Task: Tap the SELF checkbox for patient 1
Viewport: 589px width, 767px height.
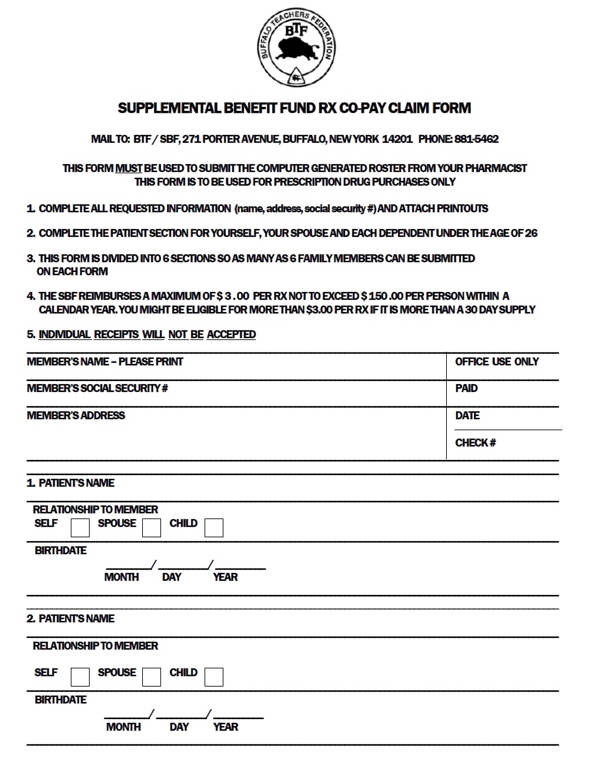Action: point(80,528)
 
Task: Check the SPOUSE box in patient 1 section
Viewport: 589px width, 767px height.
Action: point(151,528)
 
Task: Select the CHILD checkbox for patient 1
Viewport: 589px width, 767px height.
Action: point(214,528)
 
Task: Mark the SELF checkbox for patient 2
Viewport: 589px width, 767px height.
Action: point(80,677)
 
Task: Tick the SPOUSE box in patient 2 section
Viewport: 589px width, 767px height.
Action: point(151,677)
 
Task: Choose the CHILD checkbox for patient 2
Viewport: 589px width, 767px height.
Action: point(214,677)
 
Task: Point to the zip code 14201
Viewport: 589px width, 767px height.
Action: point(397,140)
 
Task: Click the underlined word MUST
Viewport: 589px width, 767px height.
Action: point(128,168)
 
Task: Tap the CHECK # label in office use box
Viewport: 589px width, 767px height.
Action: point(475,443)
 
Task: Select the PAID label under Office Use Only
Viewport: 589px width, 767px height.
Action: point(466,389)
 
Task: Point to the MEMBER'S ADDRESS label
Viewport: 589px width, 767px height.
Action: point(76,415)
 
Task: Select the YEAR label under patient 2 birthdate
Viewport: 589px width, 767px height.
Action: point(225,727)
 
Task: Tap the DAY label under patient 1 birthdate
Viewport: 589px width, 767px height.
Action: point(171,577)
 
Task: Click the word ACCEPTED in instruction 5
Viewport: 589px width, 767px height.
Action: point(231,335)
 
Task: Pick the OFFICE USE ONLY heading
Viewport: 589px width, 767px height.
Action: point(497,361)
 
